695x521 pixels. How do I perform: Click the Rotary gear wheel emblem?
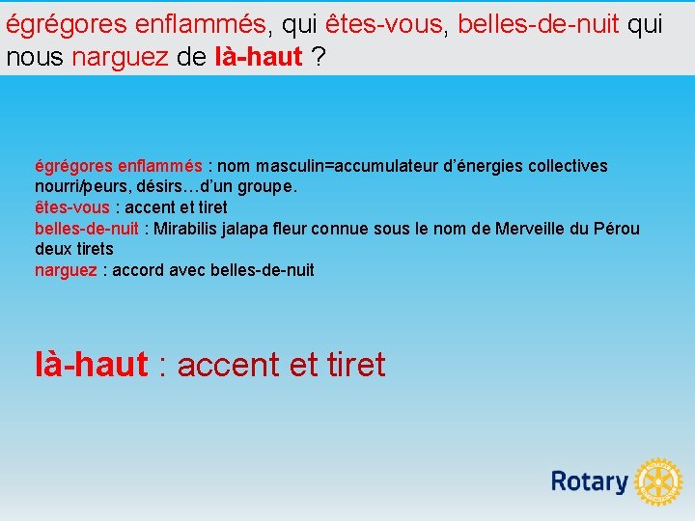(x=659, y=481)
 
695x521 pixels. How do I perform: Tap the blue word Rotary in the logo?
(x=589, y=481)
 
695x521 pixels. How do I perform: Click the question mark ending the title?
(x=318, y=57)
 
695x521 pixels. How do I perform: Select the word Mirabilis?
(x=183, y=229)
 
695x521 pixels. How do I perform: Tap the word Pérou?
(x=618, y=229)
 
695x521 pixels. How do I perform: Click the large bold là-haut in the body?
(x=91, y=365)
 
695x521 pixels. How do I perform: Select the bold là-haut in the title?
(x=257, y=57)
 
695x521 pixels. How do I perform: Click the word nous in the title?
(x=35, y=57)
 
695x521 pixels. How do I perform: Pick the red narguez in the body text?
(x=66, y=270)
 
